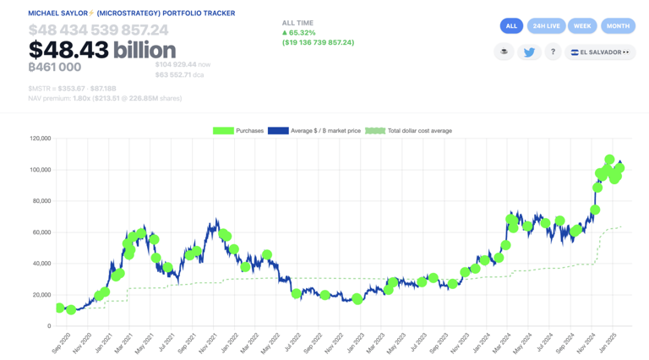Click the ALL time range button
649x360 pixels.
[x=511, y=26]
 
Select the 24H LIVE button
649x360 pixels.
[x=547, y=26]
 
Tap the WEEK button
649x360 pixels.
[x=582, y=26]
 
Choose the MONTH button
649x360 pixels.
[x=618, y=26]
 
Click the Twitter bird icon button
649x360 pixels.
[x=529, y=52]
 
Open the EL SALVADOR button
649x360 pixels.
[x=600, y=52]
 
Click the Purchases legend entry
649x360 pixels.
[x=238, y=131]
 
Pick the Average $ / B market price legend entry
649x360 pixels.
[x=314, y=131]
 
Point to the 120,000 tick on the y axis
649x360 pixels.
[x=40, y=139]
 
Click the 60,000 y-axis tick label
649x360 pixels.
[x=41, y=232]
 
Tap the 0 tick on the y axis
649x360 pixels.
[x=48, y=326]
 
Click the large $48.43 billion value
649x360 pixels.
[x=102, y=50]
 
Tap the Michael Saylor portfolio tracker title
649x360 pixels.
[x=132, y=14]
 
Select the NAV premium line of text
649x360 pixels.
[x=105, y=98]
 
